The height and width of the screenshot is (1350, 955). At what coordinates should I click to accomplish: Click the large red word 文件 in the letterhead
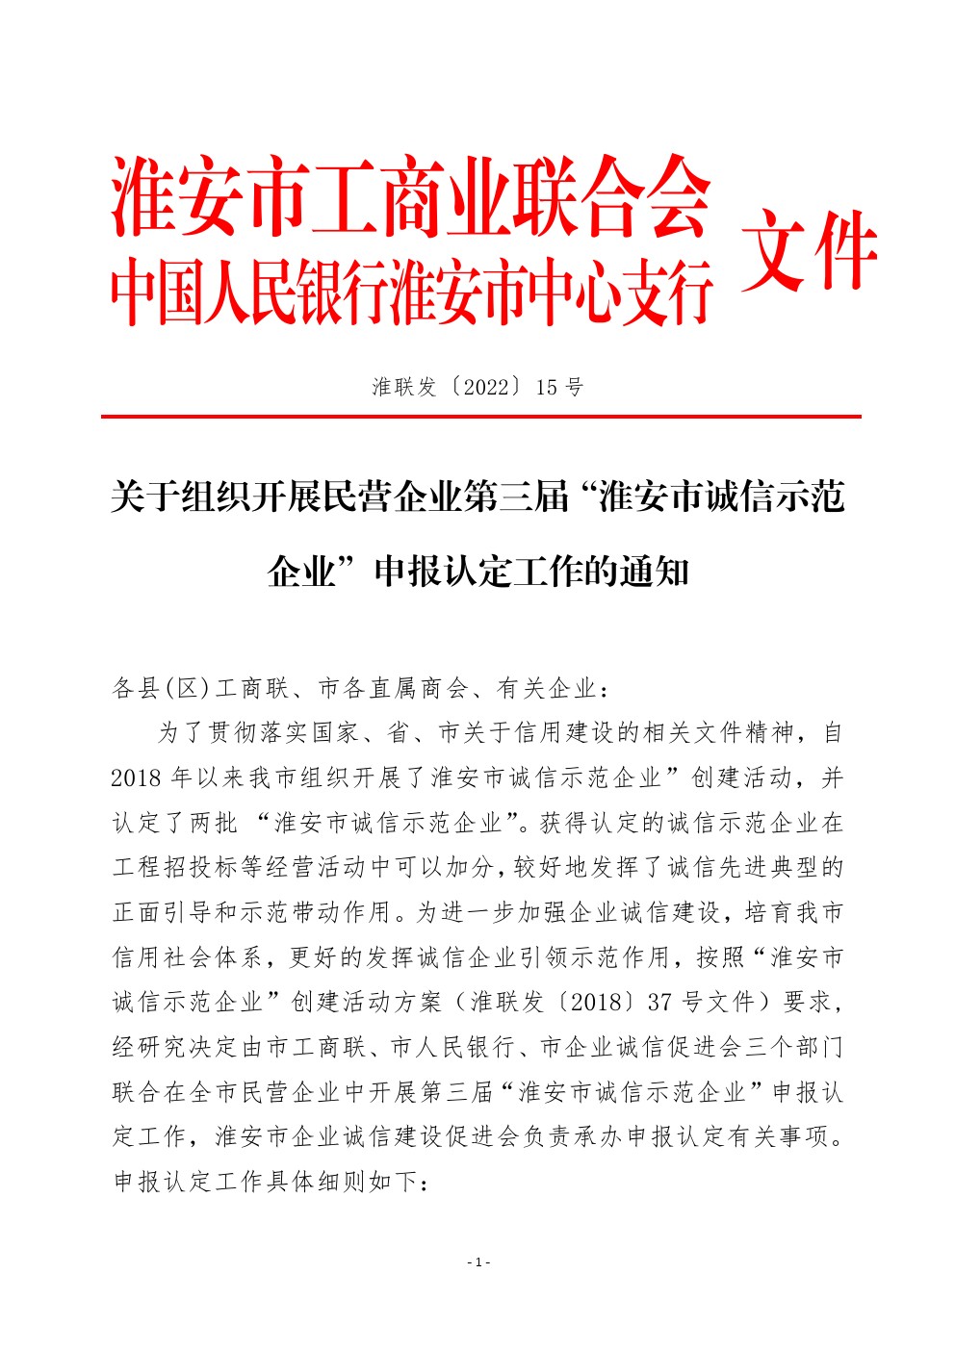coord(809,250)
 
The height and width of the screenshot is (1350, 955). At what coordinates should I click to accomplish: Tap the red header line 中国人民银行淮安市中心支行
coord(410,290)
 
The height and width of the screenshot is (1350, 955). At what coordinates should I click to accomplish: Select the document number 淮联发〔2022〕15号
coord(477,387)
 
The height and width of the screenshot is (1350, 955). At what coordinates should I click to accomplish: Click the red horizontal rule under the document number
coord(480,417)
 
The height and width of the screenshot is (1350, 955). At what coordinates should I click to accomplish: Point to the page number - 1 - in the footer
coord(478,1261)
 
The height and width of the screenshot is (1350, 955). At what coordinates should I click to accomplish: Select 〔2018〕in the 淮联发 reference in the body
coord(595,1002)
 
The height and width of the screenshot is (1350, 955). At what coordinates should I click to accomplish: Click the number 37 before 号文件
coord(659,1002)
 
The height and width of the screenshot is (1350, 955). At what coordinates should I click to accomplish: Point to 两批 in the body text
coord(214,823)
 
